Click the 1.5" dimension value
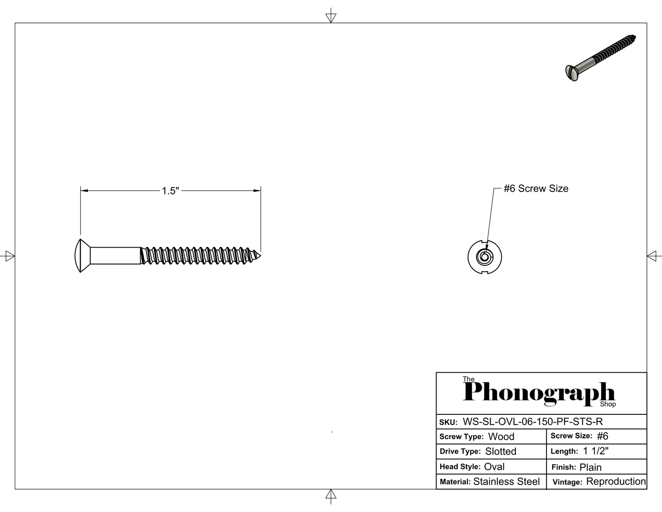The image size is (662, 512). pos(170,191)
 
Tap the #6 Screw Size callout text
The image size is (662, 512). pos(536,188)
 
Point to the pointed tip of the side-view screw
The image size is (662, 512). pos(261,256)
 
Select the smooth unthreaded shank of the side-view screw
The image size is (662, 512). pos(115,255)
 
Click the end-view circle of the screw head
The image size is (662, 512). pos(485,257)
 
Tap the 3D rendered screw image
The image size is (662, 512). pos(601,58)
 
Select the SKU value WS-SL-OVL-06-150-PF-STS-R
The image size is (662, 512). pos(532,422)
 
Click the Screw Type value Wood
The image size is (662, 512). pos(501,436)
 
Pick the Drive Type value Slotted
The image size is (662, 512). pos(501,451)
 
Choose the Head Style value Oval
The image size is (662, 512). pos(494,466)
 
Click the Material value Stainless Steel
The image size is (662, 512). pos(506,481)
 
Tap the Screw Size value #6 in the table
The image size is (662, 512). pos(602,436)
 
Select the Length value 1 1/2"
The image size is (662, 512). pos(596,451)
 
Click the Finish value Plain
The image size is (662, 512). pos(591,467)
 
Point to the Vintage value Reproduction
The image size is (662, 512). pos(616,481)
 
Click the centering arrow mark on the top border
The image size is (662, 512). pos(331,16)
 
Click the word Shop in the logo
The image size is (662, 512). pos(608,404)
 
